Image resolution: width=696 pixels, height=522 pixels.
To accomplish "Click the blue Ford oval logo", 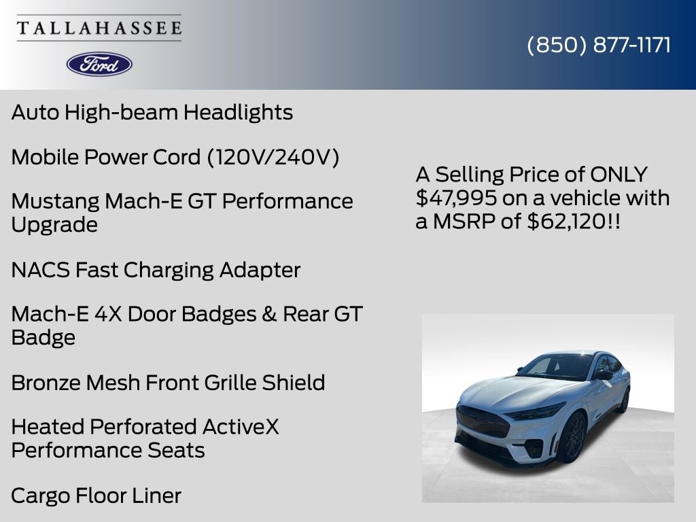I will pos(99,64).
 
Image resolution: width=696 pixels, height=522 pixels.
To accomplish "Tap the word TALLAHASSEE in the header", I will pos(99,28).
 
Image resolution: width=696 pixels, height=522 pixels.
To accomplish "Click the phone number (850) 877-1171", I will pos(599,45).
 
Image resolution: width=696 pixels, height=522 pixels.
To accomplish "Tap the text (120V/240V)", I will pos(273,157).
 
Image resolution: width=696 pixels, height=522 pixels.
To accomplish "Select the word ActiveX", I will pos(241,427).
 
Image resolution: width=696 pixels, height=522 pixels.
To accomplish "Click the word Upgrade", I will pos(54,224).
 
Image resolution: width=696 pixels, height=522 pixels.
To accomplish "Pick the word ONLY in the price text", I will pos(619,175).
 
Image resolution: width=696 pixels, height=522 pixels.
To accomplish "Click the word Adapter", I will pos(260,270).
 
